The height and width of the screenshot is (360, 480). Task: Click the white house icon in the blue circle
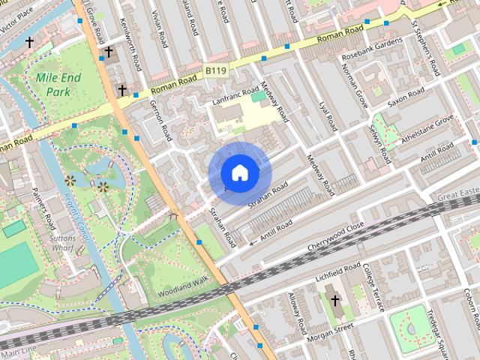tap(239, 173)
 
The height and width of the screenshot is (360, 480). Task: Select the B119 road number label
tap(215, 70)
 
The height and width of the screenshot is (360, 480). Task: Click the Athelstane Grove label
tap(427, 129)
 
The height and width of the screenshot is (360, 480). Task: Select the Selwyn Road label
tap(381, 143)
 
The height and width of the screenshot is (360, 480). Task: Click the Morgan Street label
tap(332, 329)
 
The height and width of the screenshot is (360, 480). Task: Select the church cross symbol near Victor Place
tap(30, 43)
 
